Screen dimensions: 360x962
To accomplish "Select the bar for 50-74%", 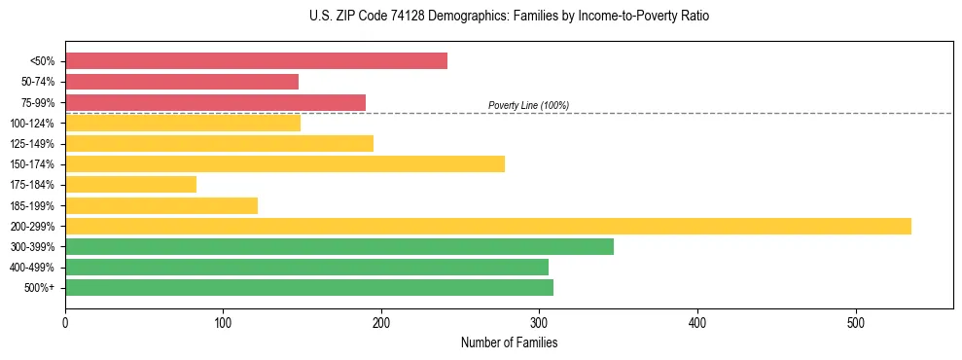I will coord(182,82).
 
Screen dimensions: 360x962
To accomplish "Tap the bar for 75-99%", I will coord(215,102).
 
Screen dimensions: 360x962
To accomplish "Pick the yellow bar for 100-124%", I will coord(183,123).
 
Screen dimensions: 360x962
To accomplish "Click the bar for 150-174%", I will coord(285,163).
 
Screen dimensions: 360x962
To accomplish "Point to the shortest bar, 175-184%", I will coord(130,184).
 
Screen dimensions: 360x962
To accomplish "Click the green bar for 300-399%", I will coord(339,246).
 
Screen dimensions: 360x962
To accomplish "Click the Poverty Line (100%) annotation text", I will coord(528,105).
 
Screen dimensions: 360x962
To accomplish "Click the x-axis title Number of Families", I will coord(509,342).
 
